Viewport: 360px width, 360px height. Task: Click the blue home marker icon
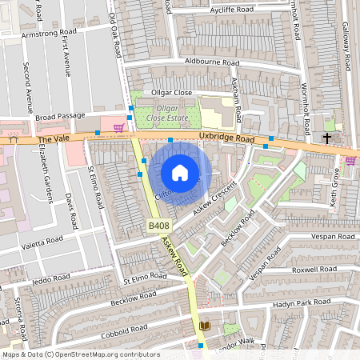tap(180, 173)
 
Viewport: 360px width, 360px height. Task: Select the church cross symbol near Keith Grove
tap(326, 138)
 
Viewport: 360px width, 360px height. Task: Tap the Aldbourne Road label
tap(211, 62)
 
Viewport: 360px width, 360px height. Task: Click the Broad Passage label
tap(59, 117)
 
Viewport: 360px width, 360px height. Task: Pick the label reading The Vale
tap(50, 139)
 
